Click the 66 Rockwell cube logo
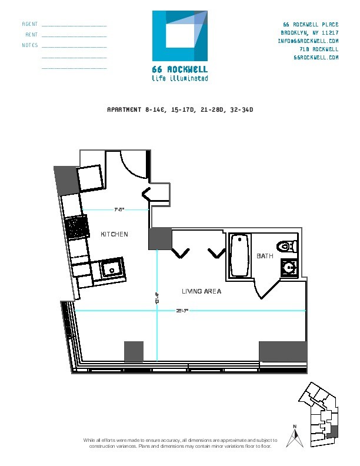(179, 36)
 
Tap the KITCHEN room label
(114, 234)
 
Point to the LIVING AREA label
(201, 291)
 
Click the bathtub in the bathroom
(240, 255)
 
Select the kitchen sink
(110, 269)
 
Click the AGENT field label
(30, 25)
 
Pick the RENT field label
(32, 35)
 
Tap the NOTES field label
(30, 45)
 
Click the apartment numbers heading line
(179, 109)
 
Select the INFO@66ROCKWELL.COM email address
(308, 41)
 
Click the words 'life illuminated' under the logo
(179, 78)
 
